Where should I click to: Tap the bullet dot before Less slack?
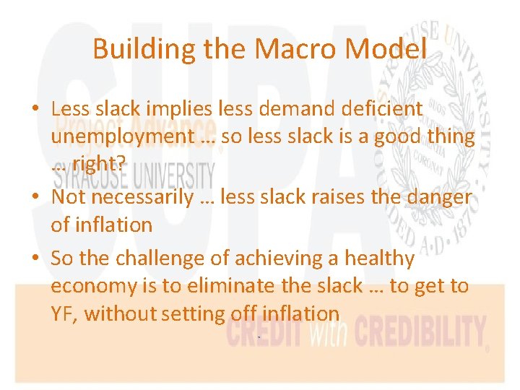pos(34,109)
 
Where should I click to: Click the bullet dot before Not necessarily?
pos(34,197)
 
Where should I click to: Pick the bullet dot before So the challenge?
pos(34,259)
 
